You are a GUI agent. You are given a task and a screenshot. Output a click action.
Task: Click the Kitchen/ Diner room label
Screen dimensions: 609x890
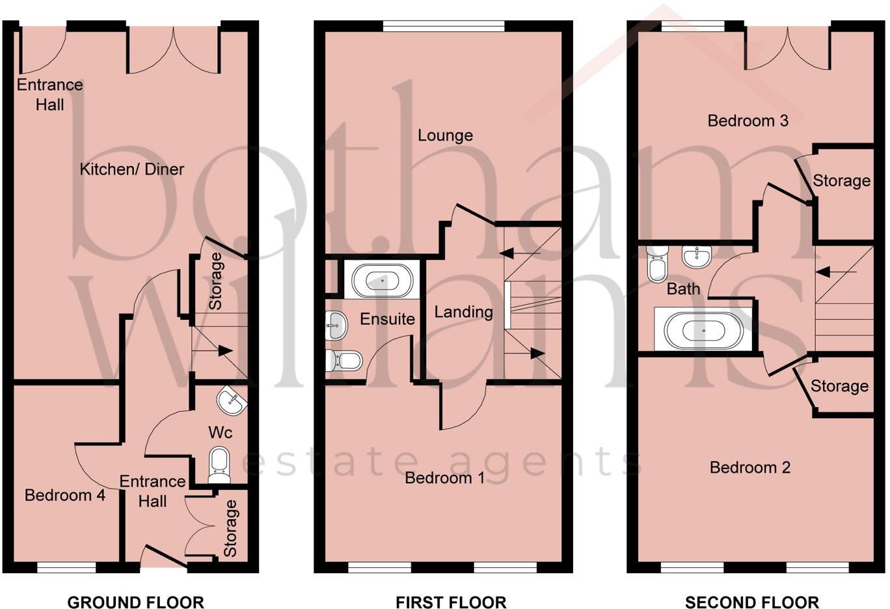pyautogui.click(x=131, y=169)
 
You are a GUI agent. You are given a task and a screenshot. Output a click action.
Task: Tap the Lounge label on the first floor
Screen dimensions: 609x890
pyautogui.click(x=445, y=135)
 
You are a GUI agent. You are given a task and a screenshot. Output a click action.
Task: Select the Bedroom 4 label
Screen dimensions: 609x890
pyautogui.click(x=64, y=495)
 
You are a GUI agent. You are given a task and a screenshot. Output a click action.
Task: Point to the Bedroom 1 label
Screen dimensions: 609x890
pyautogui.click(x=444, y=478)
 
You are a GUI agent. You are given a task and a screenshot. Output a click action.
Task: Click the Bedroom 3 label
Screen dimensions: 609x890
pyautogui.click(x=748, y=120)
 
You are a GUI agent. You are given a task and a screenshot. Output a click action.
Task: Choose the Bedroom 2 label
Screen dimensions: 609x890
pyautogui.click(x=749, y=468)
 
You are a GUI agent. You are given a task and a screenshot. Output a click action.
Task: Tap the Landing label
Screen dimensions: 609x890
pyautogui.click(x=463, y=312)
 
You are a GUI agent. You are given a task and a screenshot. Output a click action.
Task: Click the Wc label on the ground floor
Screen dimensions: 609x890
pyautogui.click(x=220, y=432)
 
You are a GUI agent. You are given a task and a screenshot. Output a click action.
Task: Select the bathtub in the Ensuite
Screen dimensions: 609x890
pyautogui.click(x=381, y=280)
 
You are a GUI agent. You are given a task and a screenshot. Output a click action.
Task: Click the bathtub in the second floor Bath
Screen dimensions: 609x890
pyautogui.click(x=703, y=330)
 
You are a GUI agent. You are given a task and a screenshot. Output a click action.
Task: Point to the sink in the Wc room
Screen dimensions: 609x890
pyautogui.click(x=232, y=401)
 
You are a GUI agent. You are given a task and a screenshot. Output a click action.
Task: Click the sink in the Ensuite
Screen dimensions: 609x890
pyautogui.click(x=336, y=324)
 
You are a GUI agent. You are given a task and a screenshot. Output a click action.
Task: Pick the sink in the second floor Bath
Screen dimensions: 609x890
pyautogui.click(x=697, y=256)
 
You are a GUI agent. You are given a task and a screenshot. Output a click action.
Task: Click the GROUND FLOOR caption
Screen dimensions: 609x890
pyautogui.click(x=135, y=602)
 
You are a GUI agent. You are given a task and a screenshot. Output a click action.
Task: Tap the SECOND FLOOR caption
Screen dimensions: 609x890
pyautogui.click(x=751, y=602)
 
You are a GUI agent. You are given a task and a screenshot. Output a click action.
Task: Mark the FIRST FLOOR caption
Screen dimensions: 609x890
pyautogui.click(x=451, y=602)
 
